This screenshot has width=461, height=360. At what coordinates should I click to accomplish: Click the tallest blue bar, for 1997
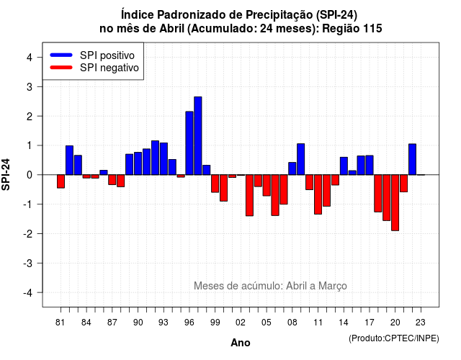pos(198,136)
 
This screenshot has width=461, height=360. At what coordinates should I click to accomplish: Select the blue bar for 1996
pos(189,143)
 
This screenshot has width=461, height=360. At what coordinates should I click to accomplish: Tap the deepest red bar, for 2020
pos(395,203)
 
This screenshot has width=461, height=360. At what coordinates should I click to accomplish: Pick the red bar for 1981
pos(61,181)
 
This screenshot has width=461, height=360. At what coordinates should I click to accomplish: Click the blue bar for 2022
pos(413,159)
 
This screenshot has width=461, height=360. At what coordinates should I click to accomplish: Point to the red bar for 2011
pos(318,194)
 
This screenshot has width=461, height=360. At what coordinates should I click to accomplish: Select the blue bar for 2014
pos(344,166)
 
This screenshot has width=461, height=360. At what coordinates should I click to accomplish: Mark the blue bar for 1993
pos(164,158)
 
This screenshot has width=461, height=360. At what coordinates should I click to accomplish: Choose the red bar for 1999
pos(215,184)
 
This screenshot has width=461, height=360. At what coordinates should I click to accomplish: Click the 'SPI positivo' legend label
pos(107,55)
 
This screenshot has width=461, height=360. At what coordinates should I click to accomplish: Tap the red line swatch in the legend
pos(61,68)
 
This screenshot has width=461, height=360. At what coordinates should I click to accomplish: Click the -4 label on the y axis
pos(29,293)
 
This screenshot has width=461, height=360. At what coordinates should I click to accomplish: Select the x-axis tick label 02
pos(241,323)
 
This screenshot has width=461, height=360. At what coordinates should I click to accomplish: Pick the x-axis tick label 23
pos(421,323)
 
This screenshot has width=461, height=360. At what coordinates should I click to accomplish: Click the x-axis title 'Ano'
pos(241,343)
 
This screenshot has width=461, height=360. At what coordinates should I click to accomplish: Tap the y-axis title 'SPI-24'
pos(6,174)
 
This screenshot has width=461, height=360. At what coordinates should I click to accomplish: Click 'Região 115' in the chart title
pos(352,29)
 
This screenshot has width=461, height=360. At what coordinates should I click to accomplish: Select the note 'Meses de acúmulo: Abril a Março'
pos(270,286)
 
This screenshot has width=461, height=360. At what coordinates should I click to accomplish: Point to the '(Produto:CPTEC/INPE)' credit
pos(394,338)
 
